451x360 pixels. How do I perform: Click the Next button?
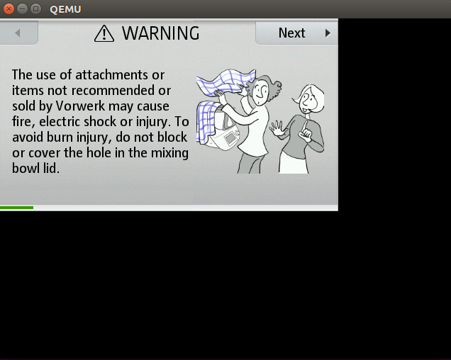coord(296,33)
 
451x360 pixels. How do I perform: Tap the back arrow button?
coord(18,33)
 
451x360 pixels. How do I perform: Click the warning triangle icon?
coord(104,33)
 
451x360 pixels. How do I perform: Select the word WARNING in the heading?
coord(160,33)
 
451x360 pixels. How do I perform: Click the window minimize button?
coord(22,9)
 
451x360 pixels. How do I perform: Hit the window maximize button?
coord(35,9)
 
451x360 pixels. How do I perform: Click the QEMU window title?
coord(65,9)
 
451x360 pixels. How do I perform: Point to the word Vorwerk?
coord(80,106)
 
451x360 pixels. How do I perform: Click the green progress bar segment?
coord(17,208)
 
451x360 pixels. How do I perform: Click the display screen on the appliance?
coord(230,138)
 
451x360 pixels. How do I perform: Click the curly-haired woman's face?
coord(260,91)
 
